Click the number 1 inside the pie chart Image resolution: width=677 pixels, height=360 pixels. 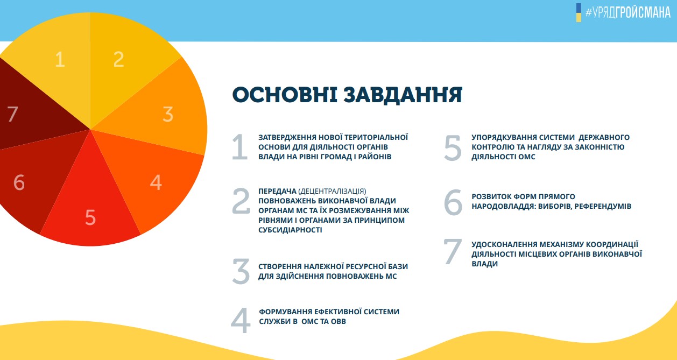[x=60, y=59]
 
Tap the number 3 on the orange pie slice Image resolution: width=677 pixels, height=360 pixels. [x=168, y=114]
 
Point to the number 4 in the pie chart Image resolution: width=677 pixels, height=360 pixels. [x=156, y=182]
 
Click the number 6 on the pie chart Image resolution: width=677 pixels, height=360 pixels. [x=19, y=182]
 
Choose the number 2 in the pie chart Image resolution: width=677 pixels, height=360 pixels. [x=119, y=59]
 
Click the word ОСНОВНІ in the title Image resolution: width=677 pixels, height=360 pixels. [x=285, y=95]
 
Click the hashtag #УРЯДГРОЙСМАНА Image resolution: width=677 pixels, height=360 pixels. [x=628, y=13]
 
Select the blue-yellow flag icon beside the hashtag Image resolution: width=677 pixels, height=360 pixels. [x=579, y=13]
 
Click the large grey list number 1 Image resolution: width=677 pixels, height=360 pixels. [x=240, y=147]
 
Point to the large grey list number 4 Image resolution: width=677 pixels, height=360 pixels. [x=241, y=320]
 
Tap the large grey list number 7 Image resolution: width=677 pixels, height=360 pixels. [x=453, y=251]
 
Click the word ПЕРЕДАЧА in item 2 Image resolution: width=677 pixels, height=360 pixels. [x=277, y=191]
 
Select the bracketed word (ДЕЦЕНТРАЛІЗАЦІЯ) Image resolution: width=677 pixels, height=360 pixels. [x=332, y=192]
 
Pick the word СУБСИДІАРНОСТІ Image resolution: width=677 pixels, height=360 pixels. [x=290, y=230]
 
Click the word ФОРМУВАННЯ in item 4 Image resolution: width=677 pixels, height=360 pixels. [x=285, y=312]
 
